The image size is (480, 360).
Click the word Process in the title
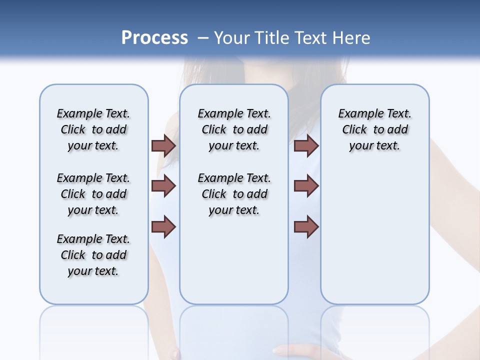click(154, 38)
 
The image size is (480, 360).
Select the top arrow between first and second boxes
click(163, 145)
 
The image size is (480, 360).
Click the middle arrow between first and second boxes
click(163, 186)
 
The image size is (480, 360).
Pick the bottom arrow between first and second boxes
click(163, 227)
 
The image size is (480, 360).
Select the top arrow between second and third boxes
click(306, 145)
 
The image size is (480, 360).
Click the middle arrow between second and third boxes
click(306, 186)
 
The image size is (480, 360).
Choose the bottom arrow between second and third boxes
click(306, 227)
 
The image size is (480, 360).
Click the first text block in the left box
click(93, 129)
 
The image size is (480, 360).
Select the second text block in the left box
click(93, 194)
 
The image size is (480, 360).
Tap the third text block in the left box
click(93, 255)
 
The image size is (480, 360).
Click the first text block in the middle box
click(234, 129)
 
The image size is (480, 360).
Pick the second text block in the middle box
click(234, 194)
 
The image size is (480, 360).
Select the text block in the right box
click(374, 129)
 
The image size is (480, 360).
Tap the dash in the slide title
click(203, 38)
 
